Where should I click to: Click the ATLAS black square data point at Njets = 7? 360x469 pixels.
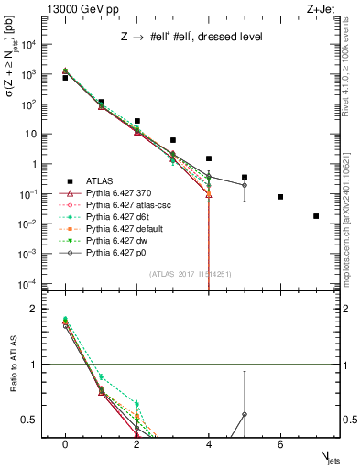click(316, 216)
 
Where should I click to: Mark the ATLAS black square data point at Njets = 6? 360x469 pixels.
click(280, 197)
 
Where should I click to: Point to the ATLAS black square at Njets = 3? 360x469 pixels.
click(173, 140)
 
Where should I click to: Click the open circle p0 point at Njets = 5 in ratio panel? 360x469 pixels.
click(245, 414)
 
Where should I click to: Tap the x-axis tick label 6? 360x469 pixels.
click(280, 445)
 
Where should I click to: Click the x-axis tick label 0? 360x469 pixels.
click(65, 445)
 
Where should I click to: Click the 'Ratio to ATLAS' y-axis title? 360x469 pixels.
click(14, 365)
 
